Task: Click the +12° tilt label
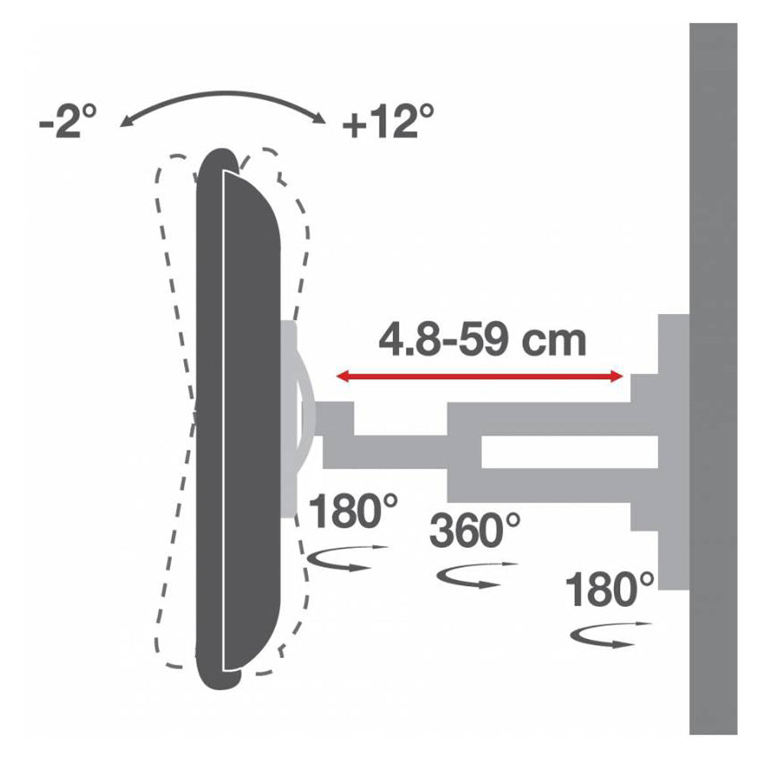(387, 121)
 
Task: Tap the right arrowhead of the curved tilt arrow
(319, 119)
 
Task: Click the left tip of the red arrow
(337, 376)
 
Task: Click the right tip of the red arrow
(622, 376)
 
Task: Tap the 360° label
(475, 531)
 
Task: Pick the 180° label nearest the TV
(353, 510)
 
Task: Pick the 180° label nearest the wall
(609, 589)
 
